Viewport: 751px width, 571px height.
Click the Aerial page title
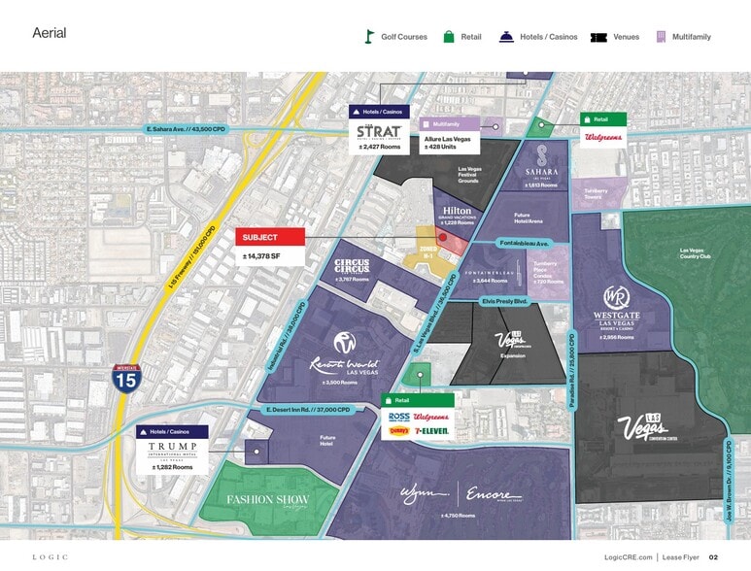[49, 33]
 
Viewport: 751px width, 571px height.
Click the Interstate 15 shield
[125, 377]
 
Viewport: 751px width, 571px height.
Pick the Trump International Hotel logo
[172, 450]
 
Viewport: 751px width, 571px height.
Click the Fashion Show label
[267, 501]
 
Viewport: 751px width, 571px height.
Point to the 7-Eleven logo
[430, 430]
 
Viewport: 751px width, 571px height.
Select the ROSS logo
[397, 416]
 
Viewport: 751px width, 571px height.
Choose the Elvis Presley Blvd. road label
[503, 301]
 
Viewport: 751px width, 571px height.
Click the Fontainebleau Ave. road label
[525, 242]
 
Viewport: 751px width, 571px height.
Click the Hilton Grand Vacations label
[457, 214]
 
